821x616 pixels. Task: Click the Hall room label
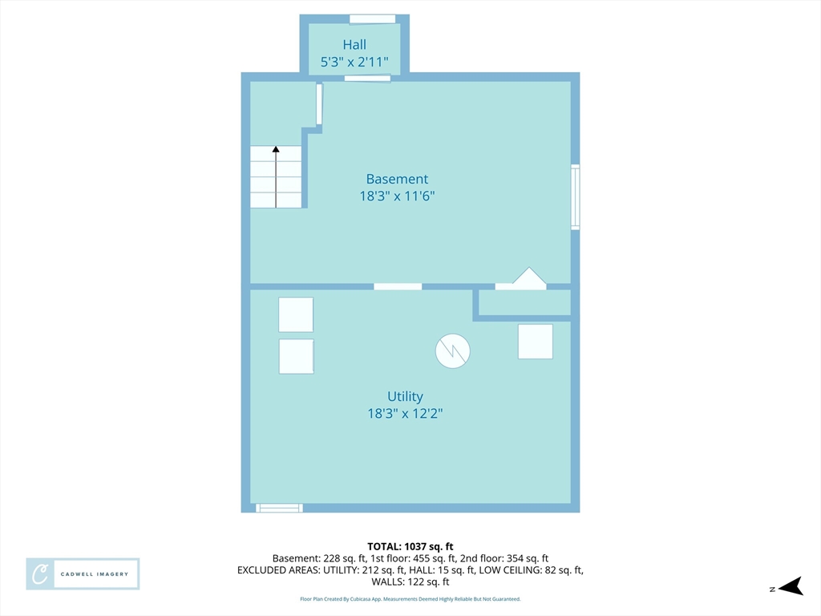(x=354, y=45)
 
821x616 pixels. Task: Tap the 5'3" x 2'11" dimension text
(x=354, y=63)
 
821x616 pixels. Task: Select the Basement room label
(x=397, y=179)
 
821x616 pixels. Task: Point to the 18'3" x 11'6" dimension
(x=397, y=196)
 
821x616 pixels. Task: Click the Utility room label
(x=405, y=396)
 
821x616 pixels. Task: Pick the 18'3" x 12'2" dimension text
(x=405, y=413)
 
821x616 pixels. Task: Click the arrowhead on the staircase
(x=276, y=149)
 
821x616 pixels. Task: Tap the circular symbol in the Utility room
(x=452, y=351)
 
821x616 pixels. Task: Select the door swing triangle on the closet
(x=529, y=277)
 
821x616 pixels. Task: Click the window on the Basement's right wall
(x=576, y=197)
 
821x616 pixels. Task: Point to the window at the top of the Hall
(x=372, y=19)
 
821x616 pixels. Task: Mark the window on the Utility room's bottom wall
(x=279, y=508)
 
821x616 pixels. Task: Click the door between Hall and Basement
(x=367, y=79)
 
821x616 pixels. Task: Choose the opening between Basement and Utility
(x=398, y=286)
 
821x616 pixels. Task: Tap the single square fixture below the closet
(x=535, y=342)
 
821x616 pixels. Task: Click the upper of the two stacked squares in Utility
(x=296, y=314)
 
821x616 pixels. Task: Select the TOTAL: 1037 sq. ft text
(x=410, y=547)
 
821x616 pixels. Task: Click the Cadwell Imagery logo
(x=83, y=574)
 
